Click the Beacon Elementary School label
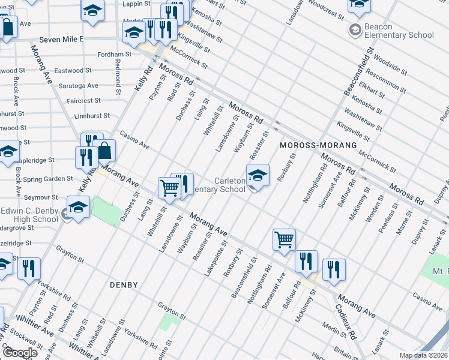[x=391, y=31]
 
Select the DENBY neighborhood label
[x=124, y=285]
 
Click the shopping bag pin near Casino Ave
[x=104, y=151]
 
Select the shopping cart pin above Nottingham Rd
[x=284, y=241]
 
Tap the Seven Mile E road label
[x=61, y=39]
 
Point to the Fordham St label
[x=116, y=55]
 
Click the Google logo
[x=19, y=352]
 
